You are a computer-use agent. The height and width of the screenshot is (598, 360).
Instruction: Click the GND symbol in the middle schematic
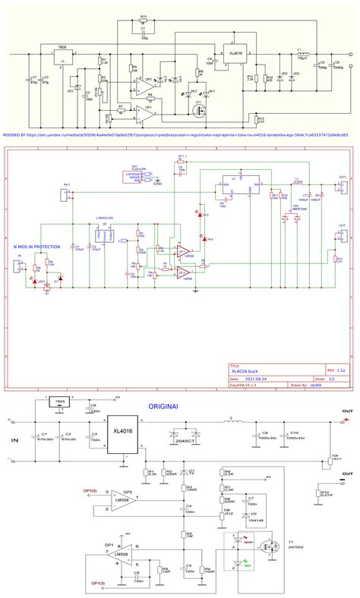157,182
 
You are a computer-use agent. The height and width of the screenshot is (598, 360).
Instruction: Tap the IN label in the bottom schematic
12,439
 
